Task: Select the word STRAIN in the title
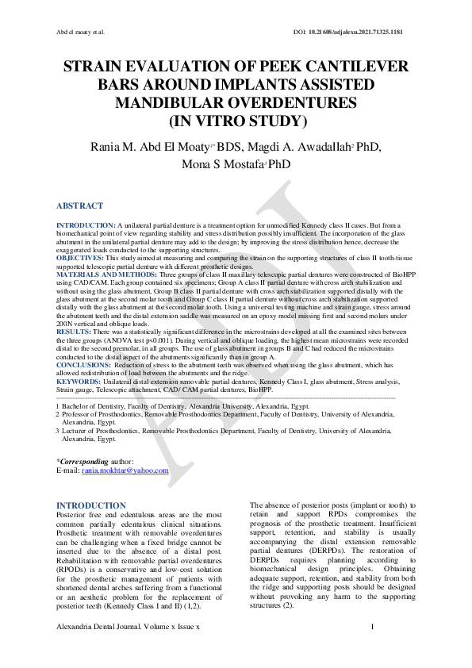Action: pos(96,67)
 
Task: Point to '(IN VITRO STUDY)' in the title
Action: pos(236,120)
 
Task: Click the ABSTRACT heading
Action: pos(79,205)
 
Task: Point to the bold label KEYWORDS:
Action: pos(79,381)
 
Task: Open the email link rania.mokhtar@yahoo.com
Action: pos(125,470)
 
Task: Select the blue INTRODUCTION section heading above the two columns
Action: pos(91,505)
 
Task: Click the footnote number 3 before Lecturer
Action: pos(58,430)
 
